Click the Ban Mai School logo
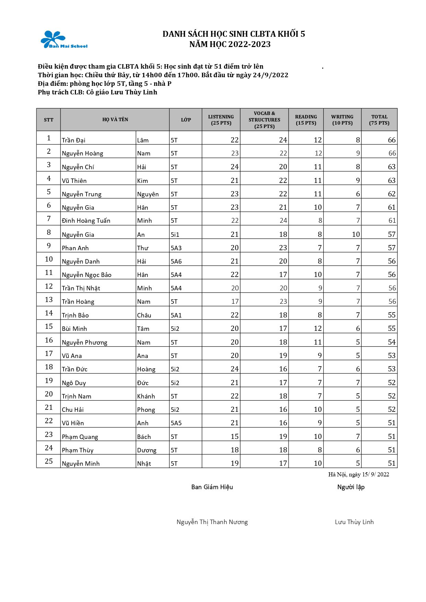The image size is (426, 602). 64,40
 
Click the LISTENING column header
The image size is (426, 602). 221,120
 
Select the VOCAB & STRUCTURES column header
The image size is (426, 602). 264,120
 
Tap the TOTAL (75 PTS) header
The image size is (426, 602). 379,120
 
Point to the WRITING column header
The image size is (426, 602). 342,120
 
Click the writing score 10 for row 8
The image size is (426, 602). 356,234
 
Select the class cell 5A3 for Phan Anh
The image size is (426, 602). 176,248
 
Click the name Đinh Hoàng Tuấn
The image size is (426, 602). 86,221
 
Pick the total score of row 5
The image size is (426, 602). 392,194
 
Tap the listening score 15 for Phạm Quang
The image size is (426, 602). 234,437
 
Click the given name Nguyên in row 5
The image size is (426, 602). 148,194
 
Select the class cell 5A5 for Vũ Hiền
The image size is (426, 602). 176,423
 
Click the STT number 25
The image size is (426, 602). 49,461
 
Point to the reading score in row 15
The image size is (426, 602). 317,328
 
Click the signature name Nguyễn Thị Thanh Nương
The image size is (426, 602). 212,522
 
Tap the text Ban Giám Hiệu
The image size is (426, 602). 212,487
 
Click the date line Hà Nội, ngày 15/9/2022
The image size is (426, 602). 358,475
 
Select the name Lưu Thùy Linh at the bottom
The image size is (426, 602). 354,522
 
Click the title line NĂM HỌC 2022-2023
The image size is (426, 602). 230,44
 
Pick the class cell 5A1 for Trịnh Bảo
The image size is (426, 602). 176,315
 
